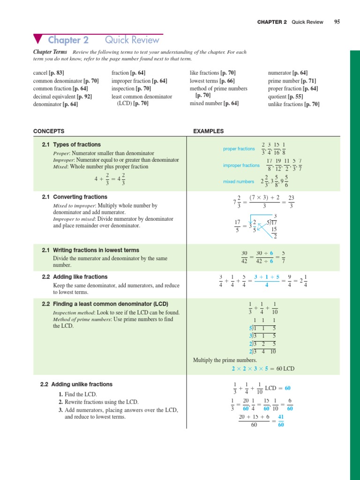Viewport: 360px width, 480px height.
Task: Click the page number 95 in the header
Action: [337, 22]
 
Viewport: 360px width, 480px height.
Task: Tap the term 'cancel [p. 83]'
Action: [48, 73]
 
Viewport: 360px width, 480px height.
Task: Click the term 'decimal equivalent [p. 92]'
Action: [62, 97]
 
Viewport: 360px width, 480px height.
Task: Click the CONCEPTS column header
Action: [49, 131]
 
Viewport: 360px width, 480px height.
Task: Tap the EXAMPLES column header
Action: [208, 131]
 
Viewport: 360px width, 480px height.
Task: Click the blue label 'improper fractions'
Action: [241, 165]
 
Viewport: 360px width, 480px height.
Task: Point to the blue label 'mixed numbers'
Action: [239, 181]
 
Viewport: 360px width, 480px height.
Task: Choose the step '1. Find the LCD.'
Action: [78, 395]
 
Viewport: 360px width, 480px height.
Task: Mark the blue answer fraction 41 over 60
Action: [281, 420]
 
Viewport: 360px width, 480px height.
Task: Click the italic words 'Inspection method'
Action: [73, 313]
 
